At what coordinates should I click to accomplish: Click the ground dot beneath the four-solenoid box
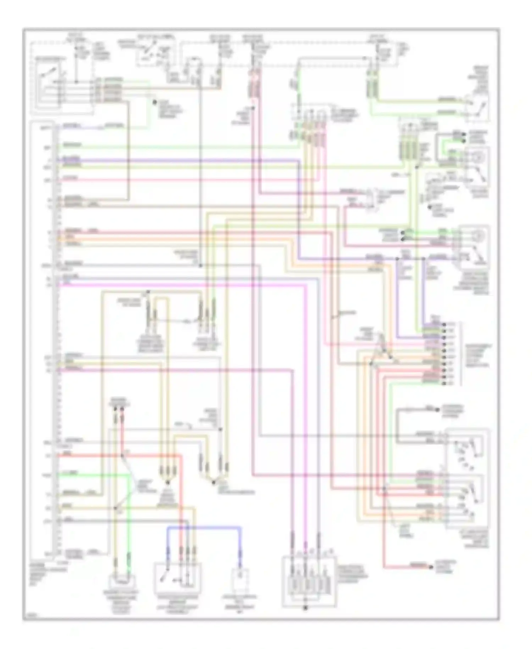pos(305,608)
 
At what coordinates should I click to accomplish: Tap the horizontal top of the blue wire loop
pos(204,528)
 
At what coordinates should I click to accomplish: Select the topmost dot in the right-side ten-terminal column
pos(443,324)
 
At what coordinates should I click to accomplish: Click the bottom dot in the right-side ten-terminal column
pos(443,383)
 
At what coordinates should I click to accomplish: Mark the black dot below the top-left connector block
pos(154,102)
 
